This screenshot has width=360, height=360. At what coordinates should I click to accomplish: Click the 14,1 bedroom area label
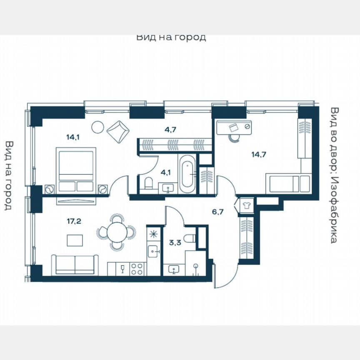(72, 135)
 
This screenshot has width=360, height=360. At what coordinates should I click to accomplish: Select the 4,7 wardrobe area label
(170, 129)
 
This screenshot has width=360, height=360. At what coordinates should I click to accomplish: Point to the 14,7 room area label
(258, 154)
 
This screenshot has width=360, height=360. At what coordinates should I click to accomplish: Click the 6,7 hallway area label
(218, 212)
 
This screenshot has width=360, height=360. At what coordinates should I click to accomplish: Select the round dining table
(116, 232)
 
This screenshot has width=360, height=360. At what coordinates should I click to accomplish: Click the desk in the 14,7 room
(235, 126)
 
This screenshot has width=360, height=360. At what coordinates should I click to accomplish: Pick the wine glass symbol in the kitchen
(122, 268)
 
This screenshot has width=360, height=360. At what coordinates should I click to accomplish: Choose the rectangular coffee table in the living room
(75, 240)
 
